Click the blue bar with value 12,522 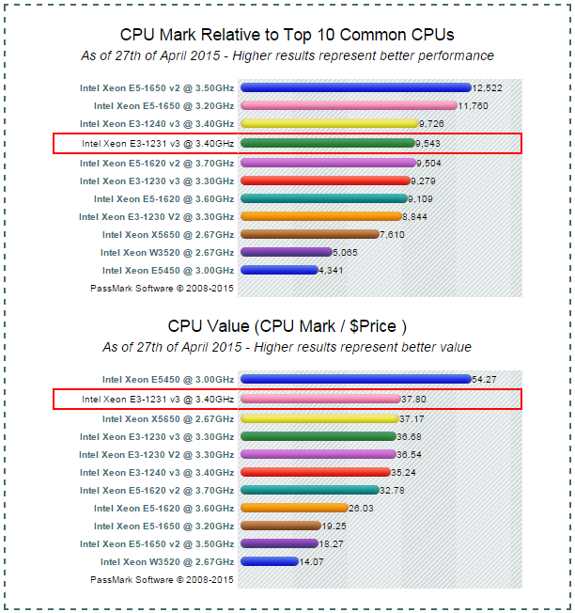coord(355,87)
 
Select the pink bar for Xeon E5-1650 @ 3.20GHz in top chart coord(349,105)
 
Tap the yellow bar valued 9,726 coord(329,123)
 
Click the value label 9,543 coord(428,143)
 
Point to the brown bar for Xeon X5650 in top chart coord(309,234)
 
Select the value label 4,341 coord(332,271)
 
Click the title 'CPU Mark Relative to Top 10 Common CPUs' coord(287,35)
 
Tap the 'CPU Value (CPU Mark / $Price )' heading coord(287,326)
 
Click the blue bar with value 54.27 coord(355,380)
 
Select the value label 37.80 coord(413,399)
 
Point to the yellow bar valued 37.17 coord(319,417)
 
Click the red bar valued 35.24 coord(315,472)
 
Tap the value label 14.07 coord(312,562)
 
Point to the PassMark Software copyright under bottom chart coord(162,580)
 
